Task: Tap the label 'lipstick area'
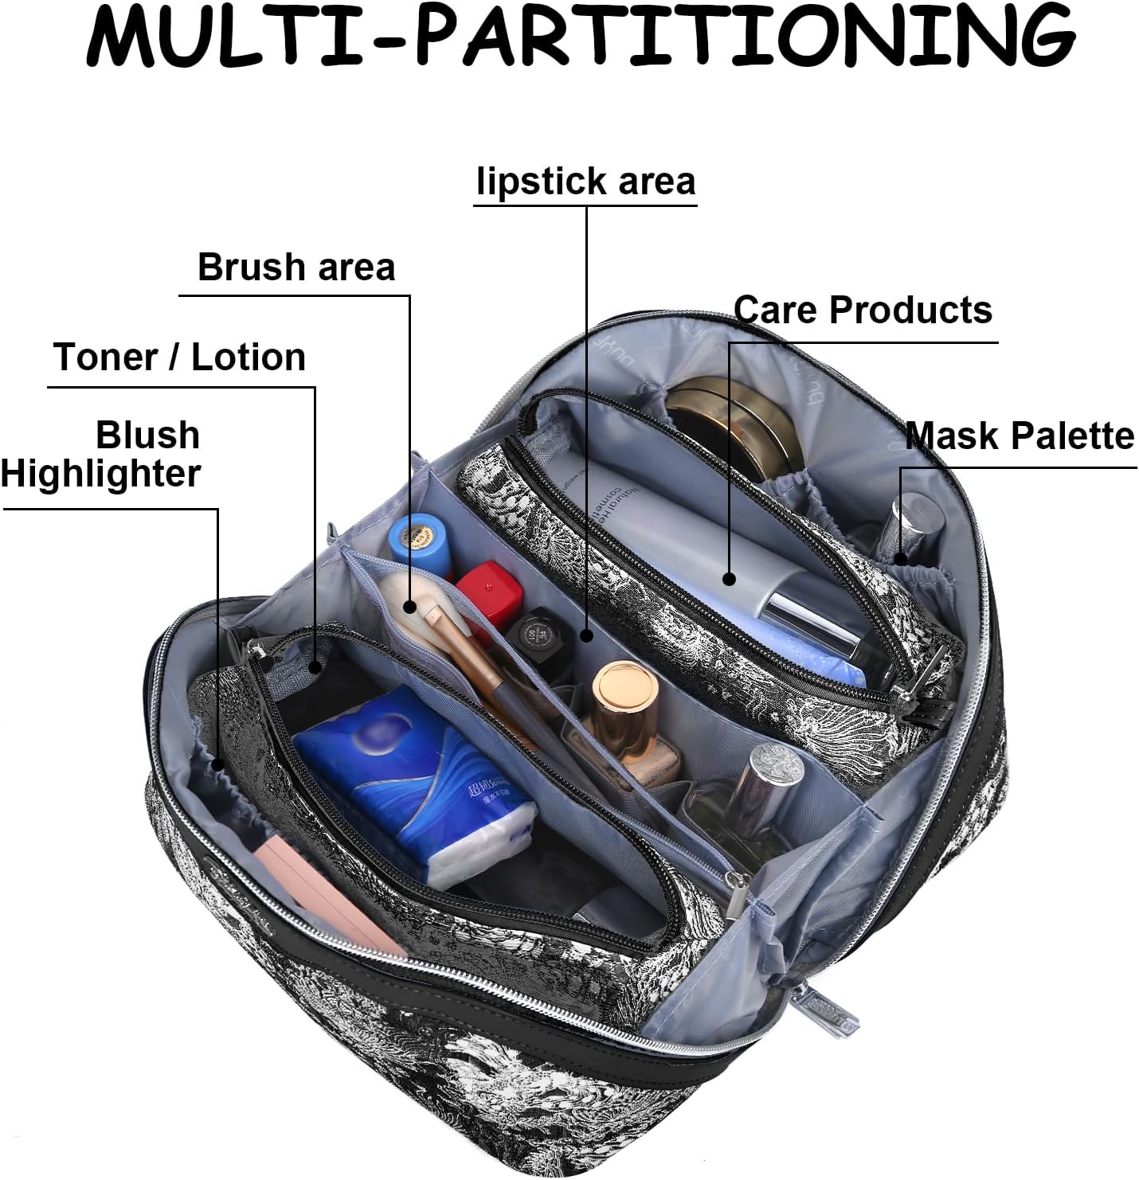[x=585, y=182]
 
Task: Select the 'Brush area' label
[x=296, y=267]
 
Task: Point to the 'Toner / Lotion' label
[x=180, y=357]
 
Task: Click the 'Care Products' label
[x=863, y=310]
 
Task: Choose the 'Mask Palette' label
[x=1020, y=436]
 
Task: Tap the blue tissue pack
[x=414, y=784]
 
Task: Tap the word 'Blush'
[x=147, y=435]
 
